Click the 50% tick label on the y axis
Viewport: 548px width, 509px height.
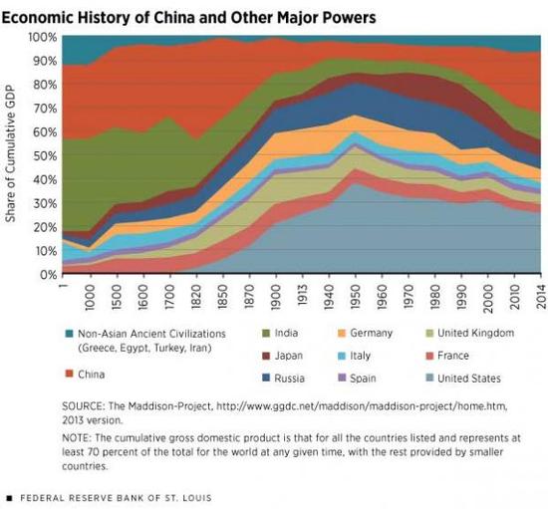coord(45,155)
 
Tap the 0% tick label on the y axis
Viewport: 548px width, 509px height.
coord(48,275)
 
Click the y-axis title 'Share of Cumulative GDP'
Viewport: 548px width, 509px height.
coord(13,155)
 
